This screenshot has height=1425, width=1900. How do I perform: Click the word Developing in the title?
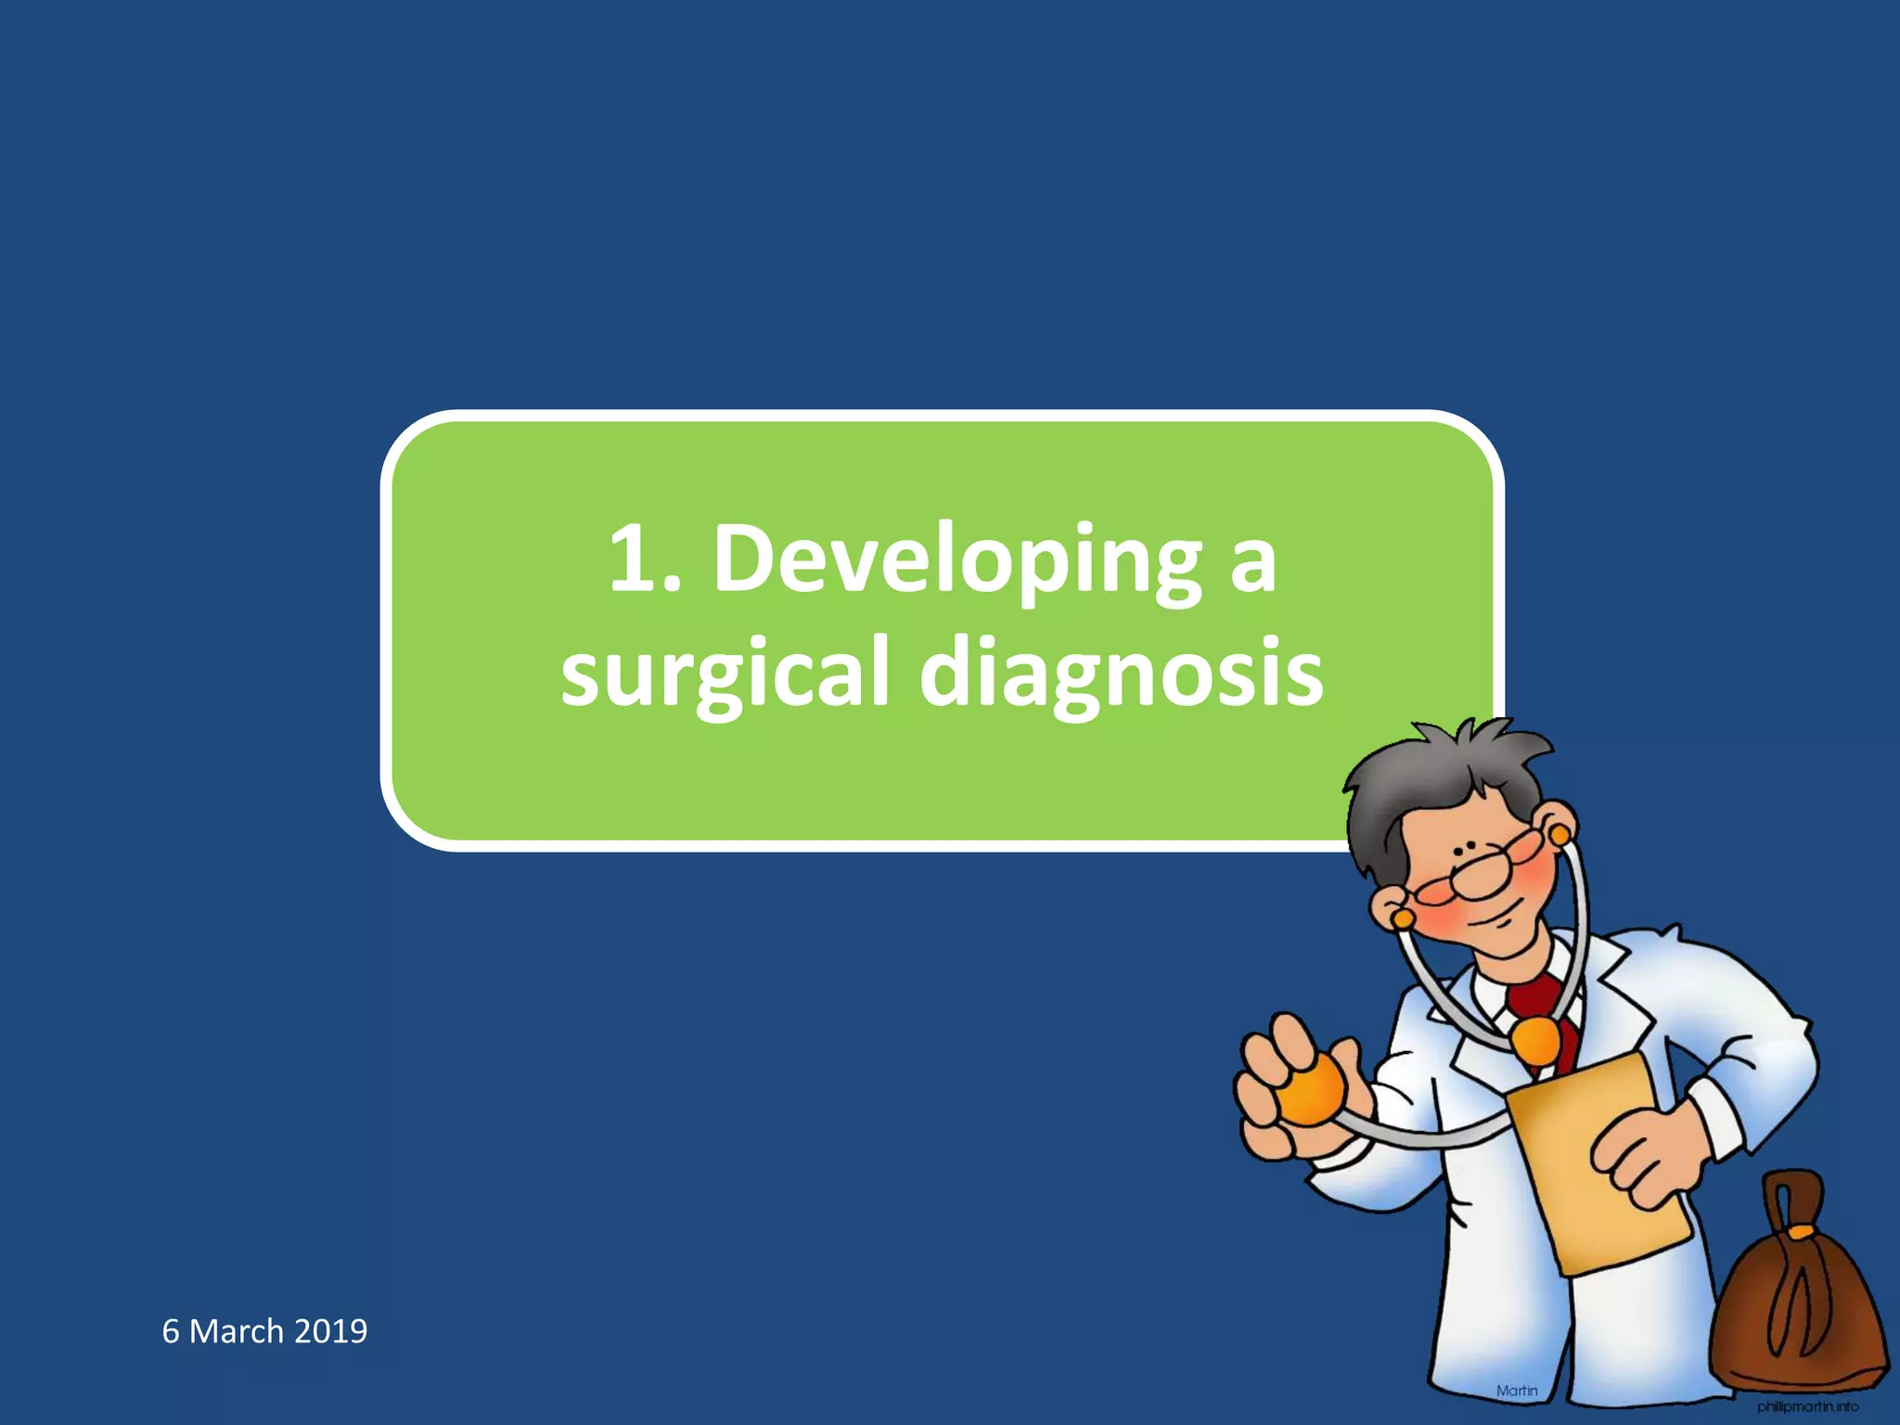tap(956, 561)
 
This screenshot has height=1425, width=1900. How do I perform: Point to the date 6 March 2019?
tap(264, 1331)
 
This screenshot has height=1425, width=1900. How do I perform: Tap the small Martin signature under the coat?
tap(1517, 1391)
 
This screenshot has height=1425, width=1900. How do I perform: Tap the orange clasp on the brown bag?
tap(1800, 1232)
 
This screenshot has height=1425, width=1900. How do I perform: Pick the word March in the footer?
tap(236, 1331)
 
